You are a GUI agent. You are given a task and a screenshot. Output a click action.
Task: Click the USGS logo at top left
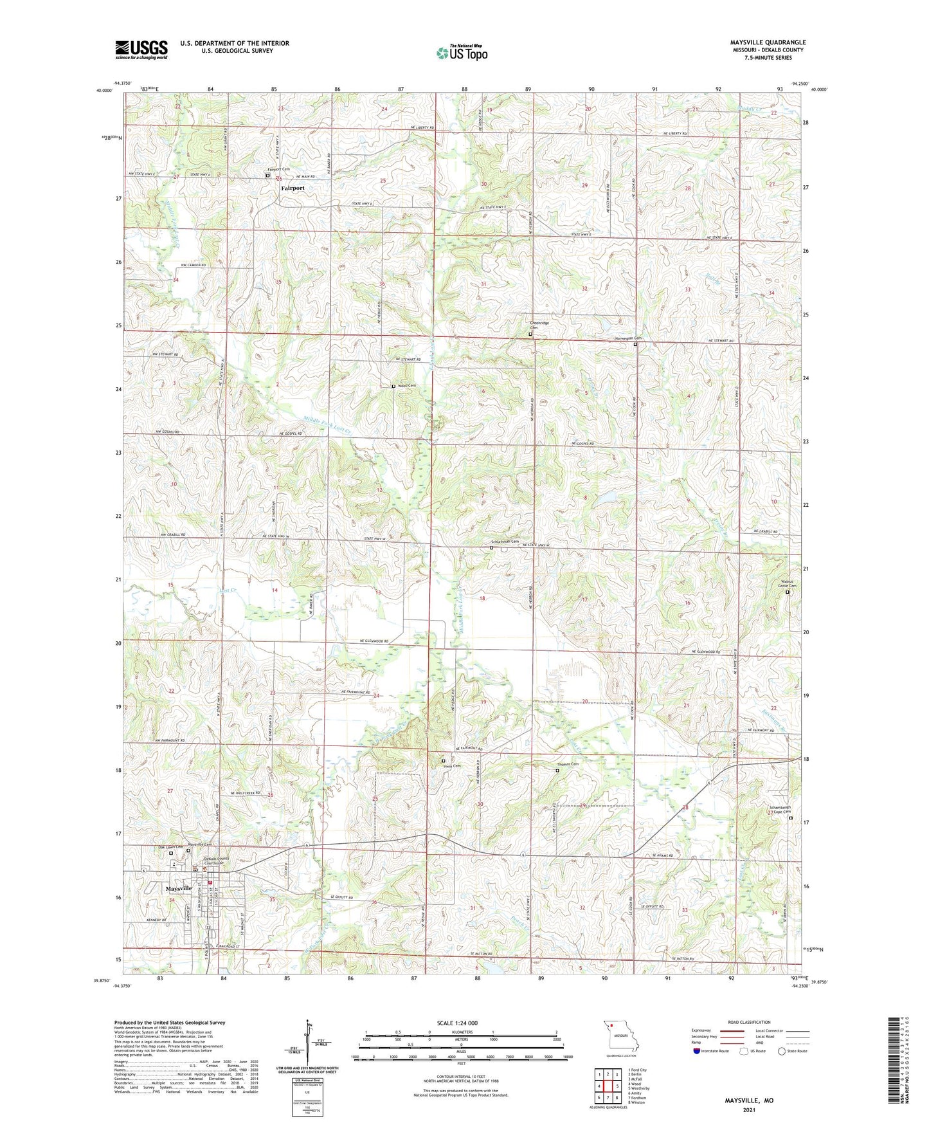click(x=141, y=50)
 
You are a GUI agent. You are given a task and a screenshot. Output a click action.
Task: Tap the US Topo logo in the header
click(x=462, y=53)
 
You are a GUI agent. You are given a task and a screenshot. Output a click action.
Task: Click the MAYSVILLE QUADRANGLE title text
click(x=768, y=42)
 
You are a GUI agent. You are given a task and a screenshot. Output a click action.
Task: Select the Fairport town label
click(x=293, y=188)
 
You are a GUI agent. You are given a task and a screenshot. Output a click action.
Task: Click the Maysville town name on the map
click(x=179, y=888)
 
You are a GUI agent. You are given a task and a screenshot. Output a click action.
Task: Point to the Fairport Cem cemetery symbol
click(x=267, y=175)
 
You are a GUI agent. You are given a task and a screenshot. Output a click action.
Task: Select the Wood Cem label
click(x=407, y=385)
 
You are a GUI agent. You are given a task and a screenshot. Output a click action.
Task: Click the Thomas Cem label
click(x=568, y=764)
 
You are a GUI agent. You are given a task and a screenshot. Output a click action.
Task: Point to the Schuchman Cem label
click(x=505, y=542)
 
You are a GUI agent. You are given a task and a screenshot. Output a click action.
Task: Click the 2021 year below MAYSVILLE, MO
click(x=749, y=1109)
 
